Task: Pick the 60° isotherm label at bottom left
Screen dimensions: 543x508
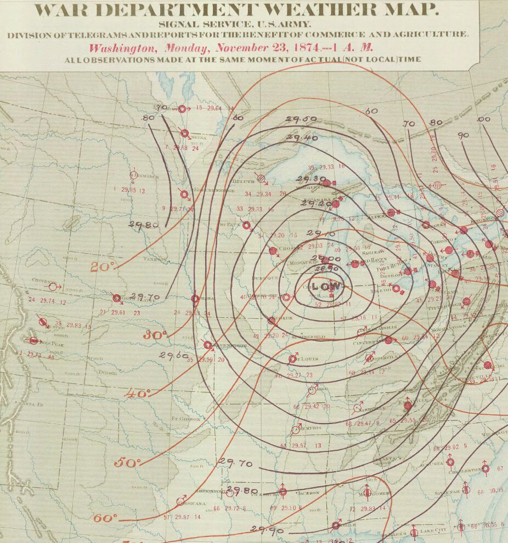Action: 105,518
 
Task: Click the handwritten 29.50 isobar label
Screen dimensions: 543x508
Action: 301,119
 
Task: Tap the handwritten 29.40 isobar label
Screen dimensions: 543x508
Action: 302,138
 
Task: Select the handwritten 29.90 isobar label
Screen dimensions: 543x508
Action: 267,529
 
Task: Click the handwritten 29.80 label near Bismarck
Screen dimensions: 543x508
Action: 143,224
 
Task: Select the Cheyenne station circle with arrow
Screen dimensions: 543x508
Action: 53,287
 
